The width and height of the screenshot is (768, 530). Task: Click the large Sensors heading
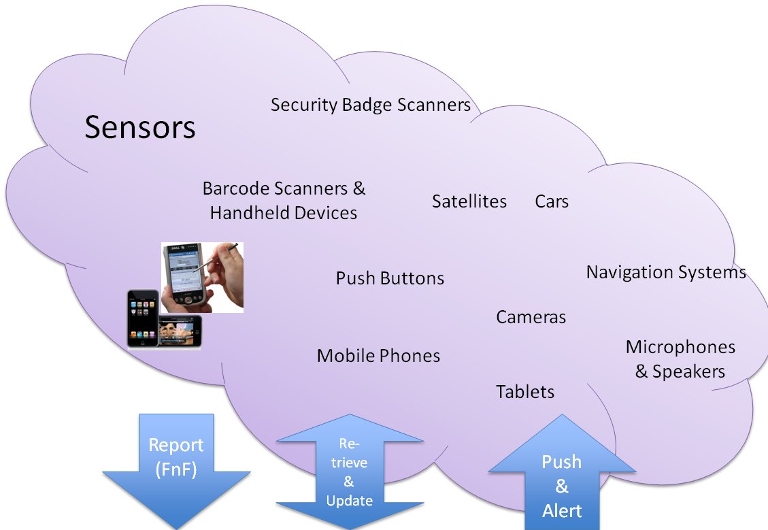pos(140,127)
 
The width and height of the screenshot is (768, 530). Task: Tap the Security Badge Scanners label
pos(370,105)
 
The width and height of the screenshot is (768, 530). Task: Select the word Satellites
pos(469,201)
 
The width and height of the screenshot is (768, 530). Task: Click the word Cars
pos(552,201)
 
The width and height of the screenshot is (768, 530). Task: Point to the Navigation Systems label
pos(666,272)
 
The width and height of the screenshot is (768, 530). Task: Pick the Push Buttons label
pos(390,278)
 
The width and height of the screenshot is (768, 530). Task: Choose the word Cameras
pos(531,317)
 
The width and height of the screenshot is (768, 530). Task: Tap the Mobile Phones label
pos(378,356)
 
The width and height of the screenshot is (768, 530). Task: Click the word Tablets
pos(525,392)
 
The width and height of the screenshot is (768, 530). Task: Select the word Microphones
pos(680,347)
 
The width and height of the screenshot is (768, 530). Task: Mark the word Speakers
pos(688,371)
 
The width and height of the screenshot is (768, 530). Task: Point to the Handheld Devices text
pos(283,213)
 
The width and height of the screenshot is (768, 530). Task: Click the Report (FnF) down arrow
pos(176,469)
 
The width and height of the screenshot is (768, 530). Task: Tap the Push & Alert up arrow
pos(562,480)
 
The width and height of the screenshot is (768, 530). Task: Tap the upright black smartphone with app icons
pos(142,318)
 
